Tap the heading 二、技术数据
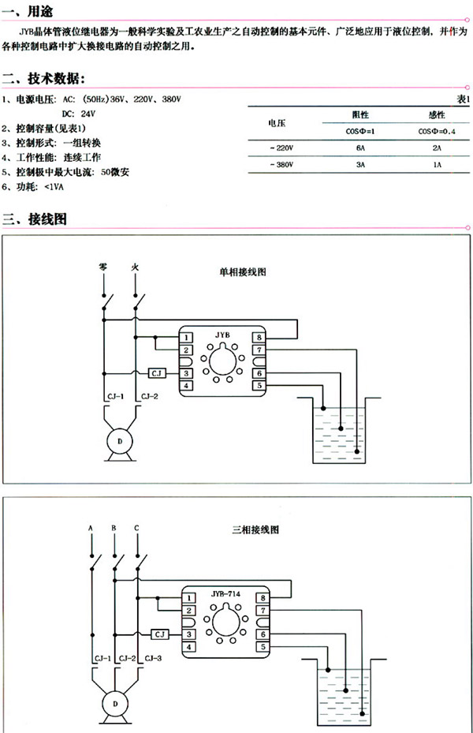click(44, 79)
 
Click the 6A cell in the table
click(361, 148)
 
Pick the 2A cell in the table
click(438, 148)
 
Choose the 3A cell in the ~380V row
click(361, 166)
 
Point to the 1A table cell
click(438, 166)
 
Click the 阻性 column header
click(361, 114)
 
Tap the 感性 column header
click(438, 114)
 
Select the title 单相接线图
click(244, 272)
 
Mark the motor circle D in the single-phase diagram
click(121, 442)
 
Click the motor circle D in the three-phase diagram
click(116, 703)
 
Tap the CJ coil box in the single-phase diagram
click(156, 372)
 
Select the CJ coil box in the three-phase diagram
click(160, 634)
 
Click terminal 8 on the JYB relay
click(258, 338)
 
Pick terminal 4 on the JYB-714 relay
click(190, 647)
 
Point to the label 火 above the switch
click(136, 268)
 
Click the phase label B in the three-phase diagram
click(115, 527)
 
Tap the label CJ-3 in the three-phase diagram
click(153, 657)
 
